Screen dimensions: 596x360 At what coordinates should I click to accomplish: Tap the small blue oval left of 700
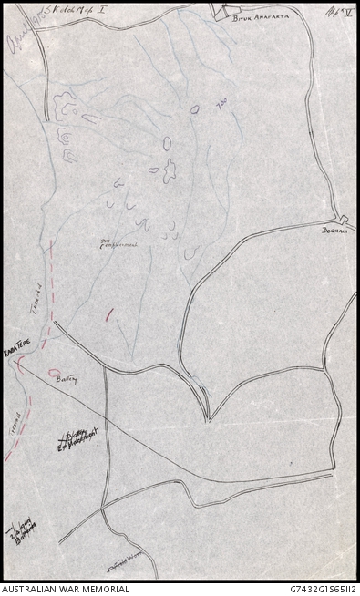click(194, 108)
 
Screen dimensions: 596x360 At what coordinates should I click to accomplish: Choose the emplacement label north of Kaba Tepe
click(117, 243)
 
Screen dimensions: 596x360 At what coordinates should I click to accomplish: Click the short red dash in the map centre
click(109, 313)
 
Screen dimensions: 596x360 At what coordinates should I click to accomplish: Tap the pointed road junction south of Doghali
click(207, 418)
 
